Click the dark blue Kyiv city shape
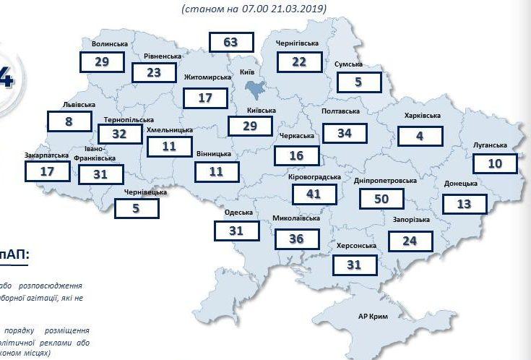coord(256,90)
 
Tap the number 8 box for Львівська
coord(69,121)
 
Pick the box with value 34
coord(344,133)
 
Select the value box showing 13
coord(464,203)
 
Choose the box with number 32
coord(118,133)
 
